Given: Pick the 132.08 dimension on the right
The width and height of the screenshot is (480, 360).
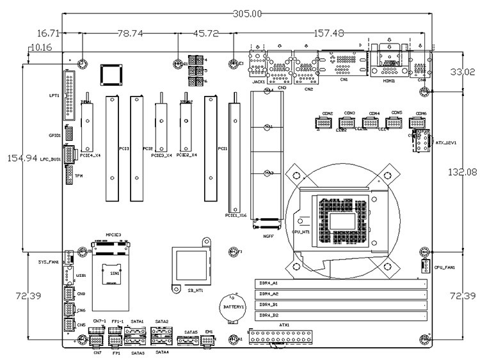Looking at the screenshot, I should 463,171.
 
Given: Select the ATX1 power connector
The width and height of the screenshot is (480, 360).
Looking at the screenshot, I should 284,336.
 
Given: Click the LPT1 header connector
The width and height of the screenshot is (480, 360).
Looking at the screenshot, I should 69,96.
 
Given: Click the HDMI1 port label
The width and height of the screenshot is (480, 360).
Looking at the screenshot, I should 388,81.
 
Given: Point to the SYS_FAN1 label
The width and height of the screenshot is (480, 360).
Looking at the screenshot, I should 49,262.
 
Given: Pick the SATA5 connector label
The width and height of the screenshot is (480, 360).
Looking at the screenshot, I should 191,333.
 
